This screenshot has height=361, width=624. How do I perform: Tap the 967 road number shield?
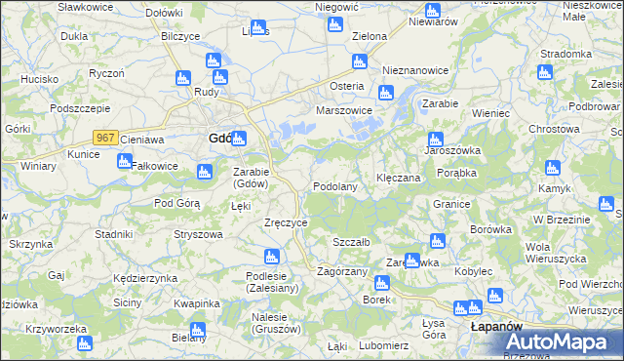(x=106, y=139)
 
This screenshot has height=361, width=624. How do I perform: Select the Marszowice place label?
(x=344, y=111)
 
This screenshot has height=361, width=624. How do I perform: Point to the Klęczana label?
(x=398, y=179)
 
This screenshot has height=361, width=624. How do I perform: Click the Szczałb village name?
(x=350, y=242)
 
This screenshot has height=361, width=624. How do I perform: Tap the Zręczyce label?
(x=287, y=222)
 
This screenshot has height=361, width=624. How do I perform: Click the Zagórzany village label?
(x=342, y=271)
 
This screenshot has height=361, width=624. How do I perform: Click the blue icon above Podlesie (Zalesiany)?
(x=272, y=257)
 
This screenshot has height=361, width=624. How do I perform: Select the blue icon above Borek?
(x=381, y=283)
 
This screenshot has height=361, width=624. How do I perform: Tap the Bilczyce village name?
(x=179, y=36)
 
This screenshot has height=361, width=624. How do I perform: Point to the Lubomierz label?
(x=382, y=345)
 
